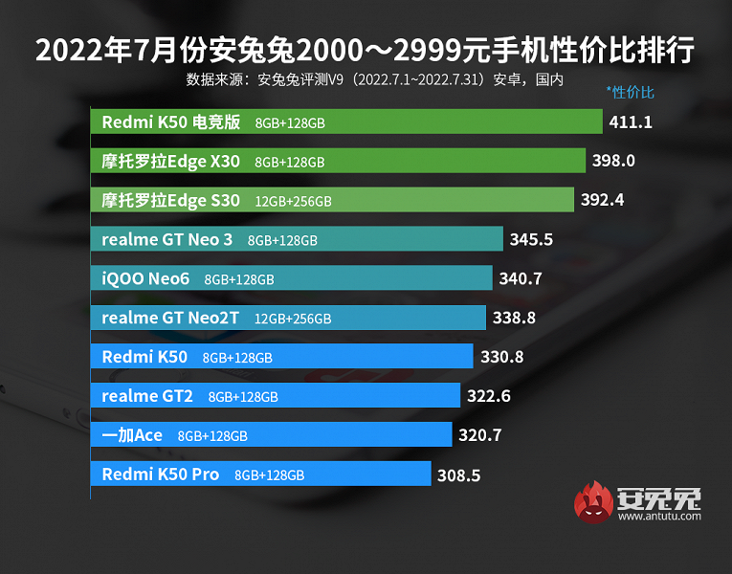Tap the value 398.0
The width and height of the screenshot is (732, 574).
[613, 162]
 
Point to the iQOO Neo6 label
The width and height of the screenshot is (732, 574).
[145, 279]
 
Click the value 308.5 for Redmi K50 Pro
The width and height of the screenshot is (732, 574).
[458, 475]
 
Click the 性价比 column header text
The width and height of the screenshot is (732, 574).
[631, 93]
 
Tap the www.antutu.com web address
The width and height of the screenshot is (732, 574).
[659, 517]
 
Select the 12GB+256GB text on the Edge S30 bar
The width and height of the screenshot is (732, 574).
[293, 202]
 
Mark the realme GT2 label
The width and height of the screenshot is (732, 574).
[147, 396]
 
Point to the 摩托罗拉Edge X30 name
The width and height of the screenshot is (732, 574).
[170, 162]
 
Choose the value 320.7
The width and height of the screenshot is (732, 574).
[480, 435]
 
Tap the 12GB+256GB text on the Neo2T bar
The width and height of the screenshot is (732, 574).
[293, 319]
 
